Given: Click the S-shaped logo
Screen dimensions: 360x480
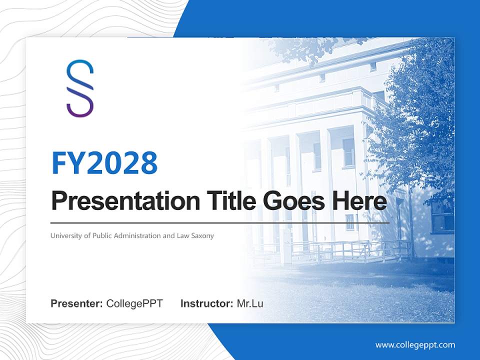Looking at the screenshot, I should (80, 88).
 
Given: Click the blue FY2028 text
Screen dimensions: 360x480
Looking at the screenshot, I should (104, 163).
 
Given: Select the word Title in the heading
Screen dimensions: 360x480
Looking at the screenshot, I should (226, 201).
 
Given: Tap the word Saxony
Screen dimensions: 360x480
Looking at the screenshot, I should (202, 235).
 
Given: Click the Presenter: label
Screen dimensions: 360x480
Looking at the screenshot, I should (77, 303).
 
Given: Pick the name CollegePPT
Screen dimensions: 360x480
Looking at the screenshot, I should (134, 303).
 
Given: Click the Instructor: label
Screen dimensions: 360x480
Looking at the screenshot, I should (207, 303).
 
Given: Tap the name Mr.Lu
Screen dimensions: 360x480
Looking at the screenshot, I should (250, 303).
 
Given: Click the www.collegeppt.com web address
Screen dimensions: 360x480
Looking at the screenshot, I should (415, 344).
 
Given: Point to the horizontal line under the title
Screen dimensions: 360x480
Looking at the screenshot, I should (220, 223).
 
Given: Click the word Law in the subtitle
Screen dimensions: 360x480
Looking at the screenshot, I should (182, 235).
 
